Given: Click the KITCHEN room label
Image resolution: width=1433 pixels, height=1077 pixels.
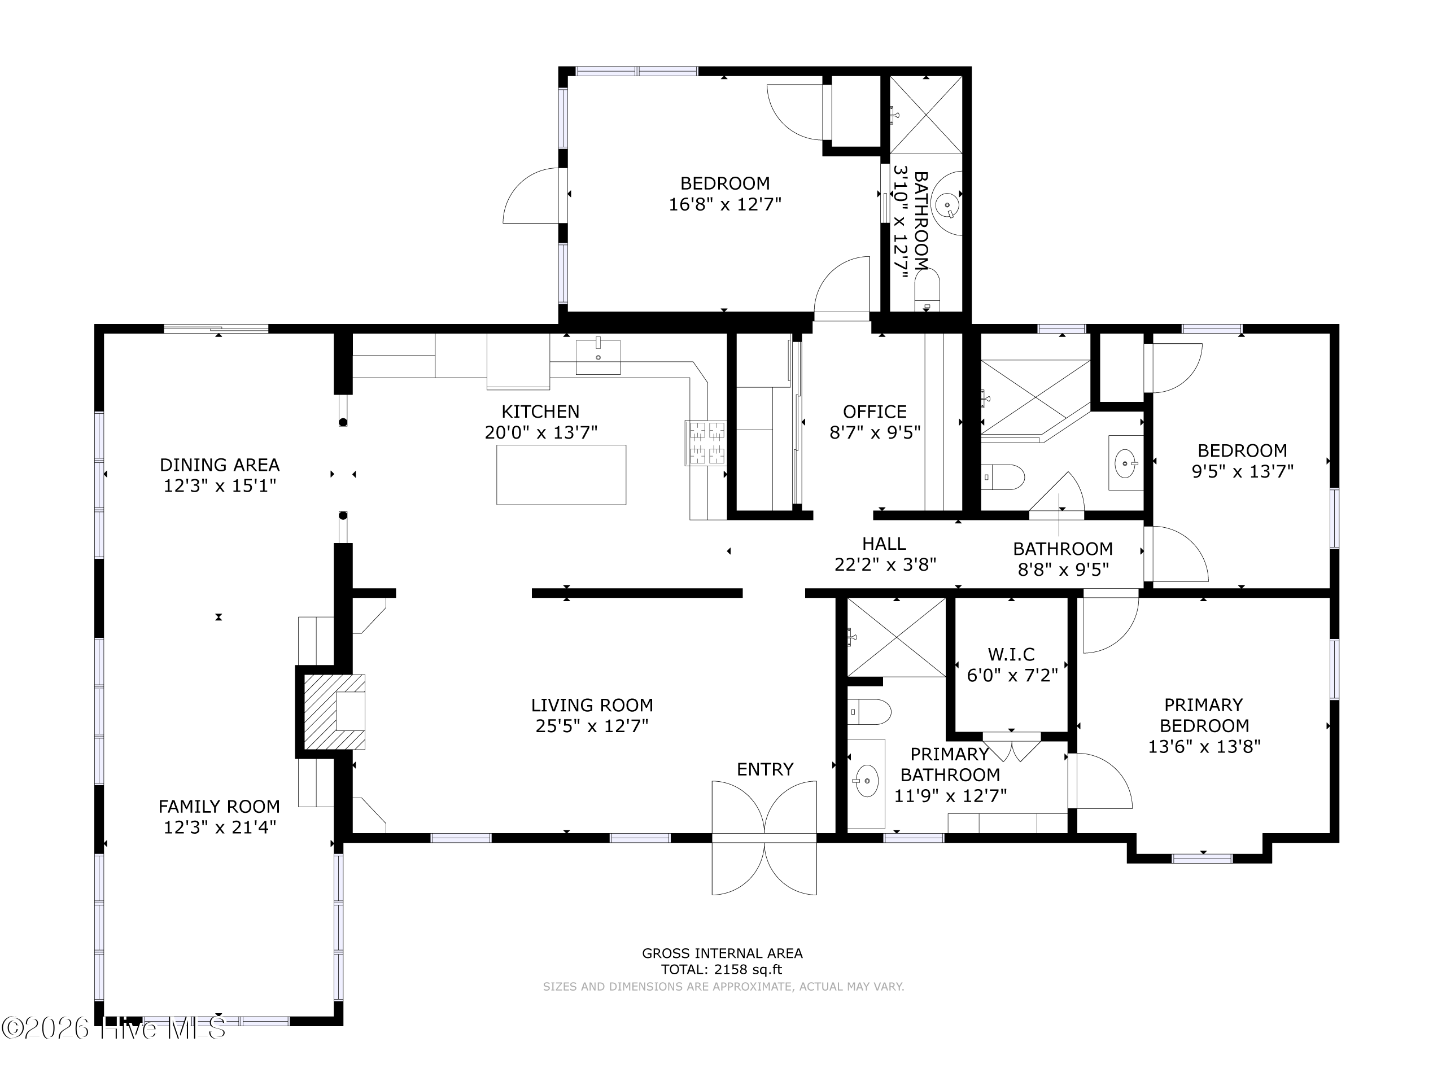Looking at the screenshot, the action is tap(540, 412).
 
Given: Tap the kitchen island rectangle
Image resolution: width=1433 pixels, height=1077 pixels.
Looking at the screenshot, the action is tap(561, 475).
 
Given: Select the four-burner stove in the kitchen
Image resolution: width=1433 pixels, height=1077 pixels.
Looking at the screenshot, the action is tap(706, 443).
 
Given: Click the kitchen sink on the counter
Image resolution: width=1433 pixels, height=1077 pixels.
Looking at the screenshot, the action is tap(598, 357).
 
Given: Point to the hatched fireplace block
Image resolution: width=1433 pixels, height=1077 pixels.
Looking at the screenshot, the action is tap(334, 712).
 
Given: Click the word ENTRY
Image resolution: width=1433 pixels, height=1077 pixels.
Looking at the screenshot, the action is tap(765, 769).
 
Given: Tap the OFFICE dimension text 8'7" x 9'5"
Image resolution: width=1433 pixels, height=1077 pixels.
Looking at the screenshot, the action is tap(875, 432).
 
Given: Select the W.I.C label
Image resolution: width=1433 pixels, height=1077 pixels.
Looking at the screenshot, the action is tap(1011, 654).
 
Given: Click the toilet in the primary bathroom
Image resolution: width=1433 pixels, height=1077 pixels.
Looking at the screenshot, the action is tap(870, 712).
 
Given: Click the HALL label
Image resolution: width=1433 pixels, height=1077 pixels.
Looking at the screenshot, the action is tap(884, 544).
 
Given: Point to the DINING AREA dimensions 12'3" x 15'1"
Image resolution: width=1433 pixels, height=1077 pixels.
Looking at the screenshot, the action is tap(220, 485).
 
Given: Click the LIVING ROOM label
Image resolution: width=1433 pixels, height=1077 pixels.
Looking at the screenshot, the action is tap(592, 705).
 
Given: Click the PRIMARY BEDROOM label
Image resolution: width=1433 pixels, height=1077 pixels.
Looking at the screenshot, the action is tap(1204, 715).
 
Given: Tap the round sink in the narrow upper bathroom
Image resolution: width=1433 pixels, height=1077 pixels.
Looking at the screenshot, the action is tap(947, 205).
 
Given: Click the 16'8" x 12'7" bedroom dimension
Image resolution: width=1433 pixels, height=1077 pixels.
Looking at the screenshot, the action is tap(725, 205).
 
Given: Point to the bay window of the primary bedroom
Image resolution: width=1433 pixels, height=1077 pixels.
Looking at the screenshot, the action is tap(1203, 859).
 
